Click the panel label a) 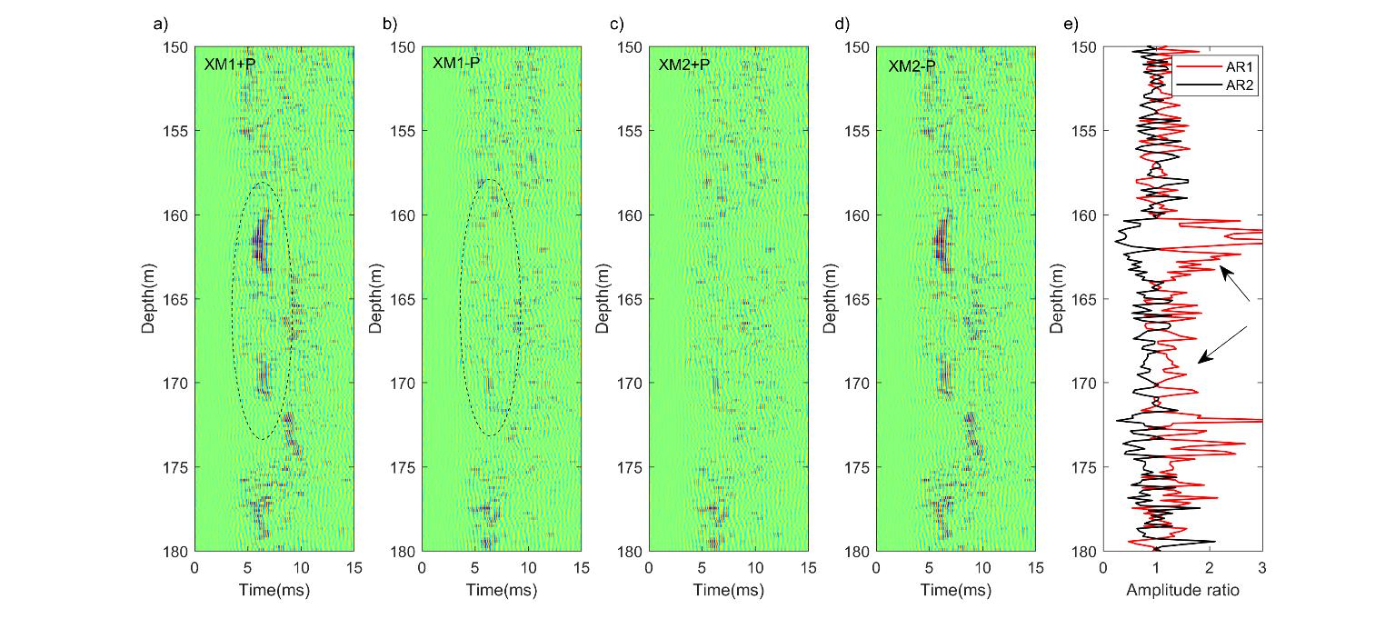tap(160, 25)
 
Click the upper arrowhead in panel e tap(1222, 269)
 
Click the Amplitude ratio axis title tap(1182, 591)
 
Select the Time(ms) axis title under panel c tap(728, 591)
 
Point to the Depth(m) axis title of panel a tap(148, 299)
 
